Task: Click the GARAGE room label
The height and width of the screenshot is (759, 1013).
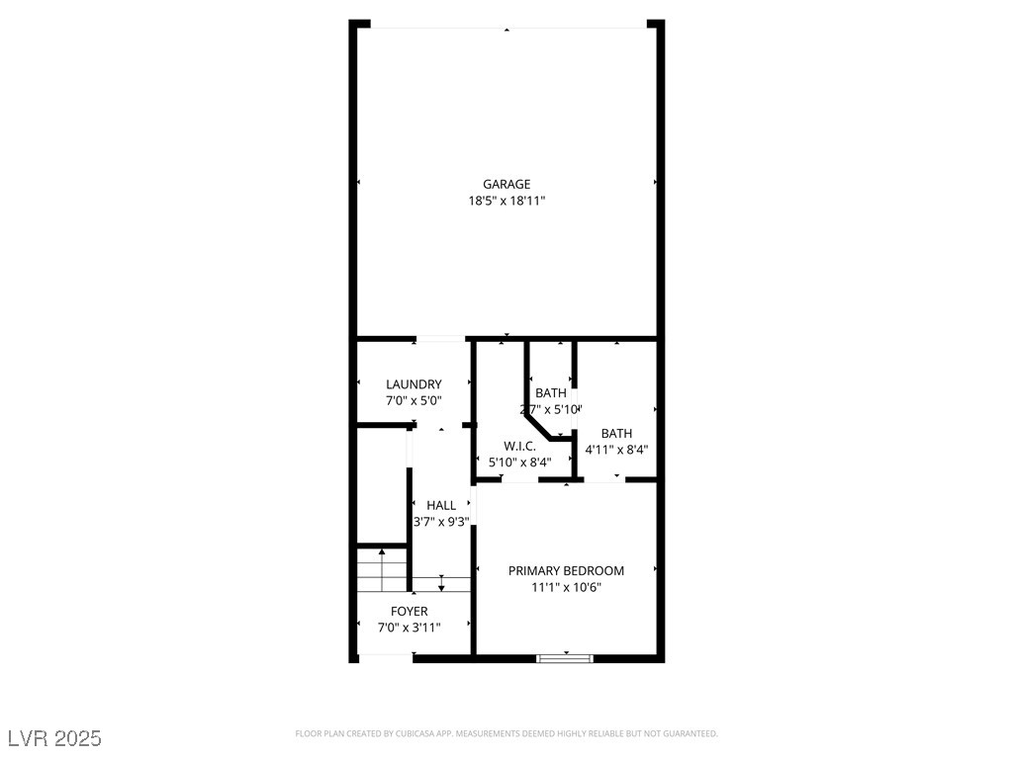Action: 506,184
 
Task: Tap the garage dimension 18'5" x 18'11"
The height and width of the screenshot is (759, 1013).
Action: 506,201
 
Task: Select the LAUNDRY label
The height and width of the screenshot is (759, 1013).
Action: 414,384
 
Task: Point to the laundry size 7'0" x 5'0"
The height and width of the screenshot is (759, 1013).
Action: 414,401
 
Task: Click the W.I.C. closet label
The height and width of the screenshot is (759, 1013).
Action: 519,446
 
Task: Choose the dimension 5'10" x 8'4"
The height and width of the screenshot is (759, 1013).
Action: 519,462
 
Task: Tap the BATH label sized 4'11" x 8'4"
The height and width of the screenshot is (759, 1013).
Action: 616,433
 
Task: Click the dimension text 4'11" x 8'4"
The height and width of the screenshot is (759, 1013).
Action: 616,450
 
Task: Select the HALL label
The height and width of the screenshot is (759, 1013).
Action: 441,505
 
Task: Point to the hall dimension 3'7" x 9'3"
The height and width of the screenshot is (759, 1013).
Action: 441,522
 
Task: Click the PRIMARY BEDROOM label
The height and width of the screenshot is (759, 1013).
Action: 566,570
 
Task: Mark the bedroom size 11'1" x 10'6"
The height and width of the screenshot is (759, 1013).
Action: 566,587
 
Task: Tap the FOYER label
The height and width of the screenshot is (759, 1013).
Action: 409,611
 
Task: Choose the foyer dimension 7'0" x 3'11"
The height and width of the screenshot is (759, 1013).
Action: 409,628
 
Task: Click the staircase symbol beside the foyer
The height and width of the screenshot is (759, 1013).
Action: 382,570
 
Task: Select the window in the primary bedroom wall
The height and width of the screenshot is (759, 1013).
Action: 565,657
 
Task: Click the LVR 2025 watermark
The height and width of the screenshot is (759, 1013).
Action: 54,738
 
